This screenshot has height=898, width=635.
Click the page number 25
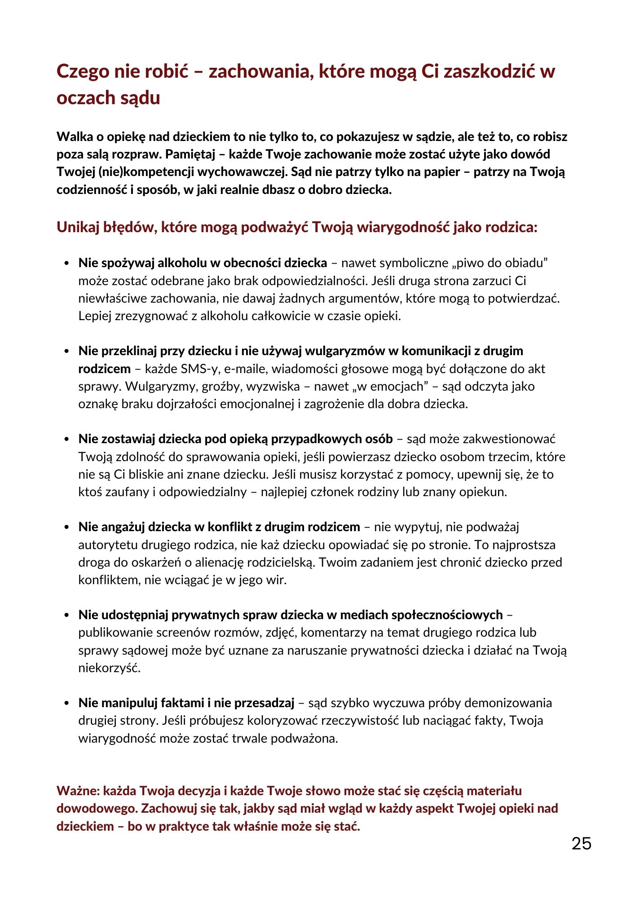[x=581, y=844]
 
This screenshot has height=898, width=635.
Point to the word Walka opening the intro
[x=74, y=136]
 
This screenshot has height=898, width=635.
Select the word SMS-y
[x=199, y=369]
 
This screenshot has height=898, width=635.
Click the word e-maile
[x=245, y=369]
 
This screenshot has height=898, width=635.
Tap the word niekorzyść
[x=110, y=668]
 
